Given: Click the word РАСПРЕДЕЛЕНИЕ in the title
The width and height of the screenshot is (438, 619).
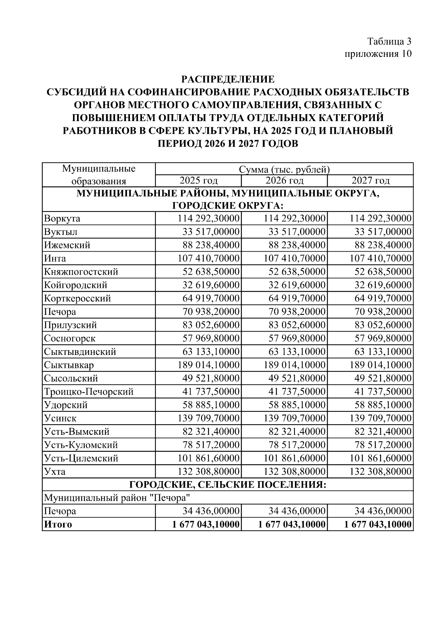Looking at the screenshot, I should pos(228,79).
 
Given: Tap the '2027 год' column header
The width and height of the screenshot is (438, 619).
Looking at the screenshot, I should pos(370,181).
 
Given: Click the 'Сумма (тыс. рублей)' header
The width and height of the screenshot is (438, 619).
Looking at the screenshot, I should pos(284,170).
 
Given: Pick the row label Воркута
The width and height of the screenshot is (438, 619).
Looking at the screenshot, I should pos(62,219).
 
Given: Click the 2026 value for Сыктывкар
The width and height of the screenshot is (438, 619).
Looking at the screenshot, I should pos(295,365).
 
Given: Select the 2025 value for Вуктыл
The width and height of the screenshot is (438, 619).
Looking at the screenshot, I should pos(211,232).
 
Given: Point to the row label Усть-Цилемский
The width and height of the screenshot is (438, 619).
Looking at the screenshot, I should pos(81,458).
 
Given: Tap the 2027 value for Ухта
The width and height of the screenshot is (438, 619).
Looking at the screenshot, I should pos(381,472).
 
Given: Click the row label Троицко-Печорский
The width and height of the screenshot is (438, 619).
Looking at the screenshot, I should pos(89,392).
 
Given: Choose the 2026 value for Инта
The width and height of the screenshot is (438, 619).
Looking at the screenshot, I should pos(295,259).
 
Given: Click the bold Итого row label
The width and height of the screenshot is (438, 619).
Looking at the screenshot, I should pos(58,525).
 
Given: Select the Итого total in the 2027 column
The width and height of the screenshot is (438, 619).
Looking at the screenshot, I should pos(378,525).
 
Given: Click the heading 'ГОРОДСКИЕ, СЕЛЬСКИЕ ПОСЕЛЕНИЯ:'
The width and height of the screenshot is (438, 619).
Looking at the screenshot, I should pos(228,485).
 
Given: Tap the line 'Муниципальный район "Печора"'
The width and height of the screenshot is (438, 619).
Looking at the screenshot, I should pos(117,498).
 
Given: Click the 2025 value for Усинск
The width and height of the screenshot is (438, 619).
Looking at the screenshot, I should pos(208,418).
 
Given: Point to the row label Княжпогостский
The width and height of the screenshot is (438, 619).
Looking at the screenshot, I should pos(81,272).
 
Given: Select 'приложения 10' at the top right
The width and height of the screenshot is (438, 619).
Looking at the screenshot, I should pos(378,54).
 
